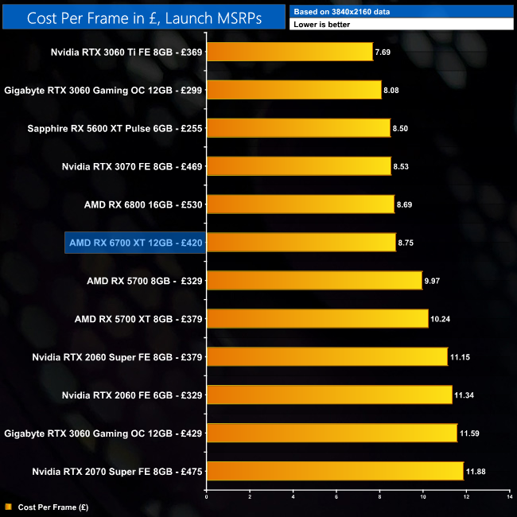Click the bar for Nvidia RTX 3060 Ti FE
point(290,52)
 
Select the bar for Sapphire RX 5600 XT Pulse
point(298,128)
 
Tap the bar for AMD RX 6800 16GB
point(301,204)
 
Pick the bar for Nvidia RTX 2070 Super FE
point(335,471)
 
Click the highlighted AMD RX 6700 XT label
point(135,243)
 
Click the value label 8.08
point(391,91)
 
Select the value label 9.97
point(433,281)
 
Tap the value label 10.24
point(441,319)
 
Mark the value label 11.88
point(476,472)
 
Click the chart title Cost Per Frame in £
point(144,17)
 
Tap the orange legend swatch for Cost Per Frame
point(8,506)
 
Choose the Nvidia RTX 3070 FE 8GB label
point(133,166)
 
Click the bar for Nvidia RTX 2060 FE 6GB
point(329,395)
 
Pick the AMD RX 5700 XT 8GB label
point(138,319)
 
